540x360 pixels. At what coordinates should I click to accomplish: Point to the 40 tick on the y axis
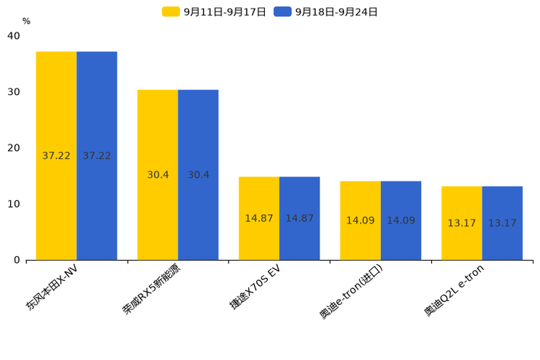[14, 36]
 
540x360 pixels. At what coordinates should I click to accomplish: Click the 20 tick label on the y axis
[14, 148]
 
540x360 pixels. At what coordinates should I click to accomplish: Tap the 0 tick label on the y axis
[17, 260]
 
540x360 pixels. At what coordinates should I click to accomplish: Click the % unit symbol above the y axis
[26, 22]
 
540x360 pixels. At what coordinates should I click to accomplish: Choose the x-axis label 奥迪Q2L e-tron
[454, 290]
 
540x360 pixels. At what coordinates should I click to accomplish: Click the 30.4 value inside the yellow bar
[157, 175]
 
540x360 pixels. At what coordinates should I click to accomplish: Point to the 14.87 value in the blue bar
[300, 218]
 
